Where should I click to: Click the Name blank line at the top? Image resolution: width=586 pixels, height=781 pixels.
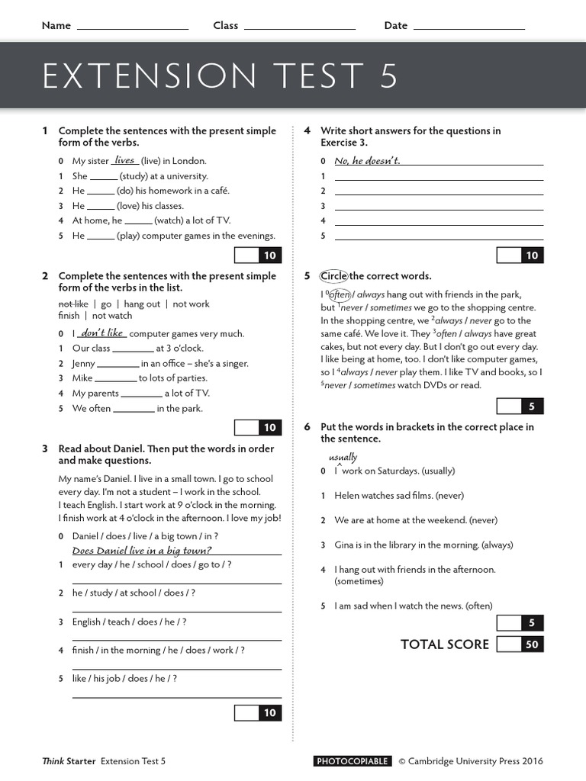click(133, 27)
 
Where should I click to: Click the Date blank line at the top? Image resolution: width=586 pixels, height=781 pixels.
click(468, 27)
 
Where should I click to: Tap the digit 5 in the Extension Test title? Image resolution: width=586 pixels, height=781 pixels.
click(388, 77)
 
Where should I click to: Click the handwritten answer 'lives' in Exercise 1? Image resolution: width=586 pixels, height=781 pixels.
click(124, 160)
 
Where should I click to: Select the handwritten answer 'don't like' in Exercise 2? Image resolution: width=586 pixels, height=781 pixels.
click(103, 333)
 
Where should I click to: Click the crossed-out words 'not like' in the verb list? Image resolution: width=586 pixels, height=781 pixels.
click(73, 304)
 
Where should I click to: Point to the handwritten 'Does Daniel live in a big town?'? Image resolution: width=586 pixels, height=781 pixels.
click(142, 551)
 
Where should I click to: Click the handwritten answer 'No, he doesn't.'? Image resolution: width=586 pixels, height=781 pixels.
click(367, 160)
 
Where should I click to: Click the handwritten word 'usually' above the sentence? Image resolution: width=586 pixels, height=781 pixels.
click(343, 458)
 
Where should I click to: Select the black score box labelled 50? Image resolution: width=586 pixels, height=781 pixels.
click(532, 644)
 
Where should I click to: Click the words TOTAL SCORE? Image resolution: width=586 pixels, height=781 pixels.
click(445, 644)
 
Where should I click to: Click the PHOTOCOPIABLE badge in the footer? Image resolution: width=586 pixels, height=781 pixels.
click(353, 761)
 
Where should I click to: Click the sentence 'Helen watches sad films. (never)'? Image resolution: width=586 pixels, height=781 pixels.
click(399, 496)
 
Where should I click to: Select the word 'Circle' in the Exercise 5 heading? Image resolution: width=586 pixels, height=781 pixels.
click(333, 276)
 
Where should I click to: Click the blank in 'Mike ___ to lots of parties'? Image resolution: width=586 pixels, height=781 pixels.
click(116, 379)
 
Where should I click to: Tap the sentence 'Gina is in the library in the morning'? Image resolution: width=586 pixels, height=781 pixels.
click(423, 545)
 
